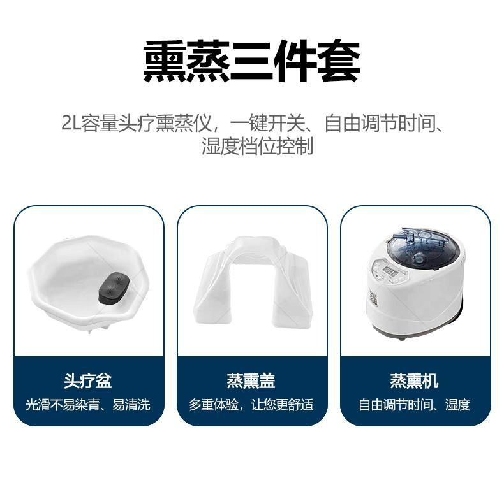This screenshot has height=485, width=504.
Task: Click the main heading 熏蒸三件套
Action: tap(251, 61)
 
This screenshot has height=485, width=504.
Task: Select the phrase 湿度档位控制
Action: tap(257, 147)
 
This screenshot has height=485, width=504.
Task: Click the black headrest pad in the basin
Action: tap(114, 288)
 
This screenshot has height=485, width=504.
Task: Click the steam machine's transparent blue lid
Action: tap(421, 246)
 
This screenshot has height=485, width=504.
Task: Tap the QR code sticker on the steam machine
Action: tap(374, 299)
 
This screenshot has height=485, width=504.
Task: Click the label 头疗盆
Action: tap(87, 381)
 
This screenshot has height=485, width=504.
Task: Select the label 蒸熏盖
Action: tap(251, 381)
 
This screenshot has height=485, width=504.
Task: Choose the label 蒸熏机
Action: tap(414, 381)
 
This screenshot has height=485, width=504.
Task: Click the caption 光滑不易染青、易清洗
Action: tap(88, 405)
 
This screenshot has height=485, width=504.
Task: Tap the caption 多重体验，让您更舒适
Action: tap(251, 405)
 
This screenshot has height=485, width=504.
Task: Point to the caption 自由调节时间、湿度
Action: tap(414, 405)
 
